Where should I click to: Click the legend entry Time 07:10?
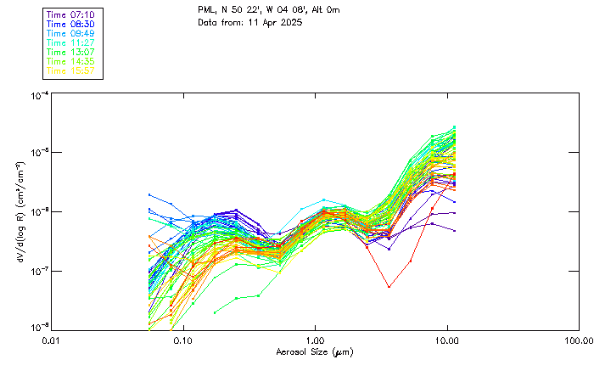[x=71, y=15]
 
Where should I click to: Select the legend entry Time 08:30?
[x=71, y=25]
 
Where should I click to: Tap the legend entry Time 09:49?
[x=71, y=34]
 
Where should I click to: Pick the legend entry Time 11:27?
[x=71, y=42]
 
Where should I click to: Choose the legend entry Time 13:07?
[x=71, y=52]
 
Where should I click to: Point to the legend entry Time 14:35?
[x=71, y=61]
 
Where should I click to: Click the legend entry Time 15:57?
[x=71, y=70]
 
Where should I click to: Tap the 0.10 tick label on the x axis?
[x=183, y=340]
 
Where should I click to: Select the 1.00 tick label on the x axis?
[x=315, y=340]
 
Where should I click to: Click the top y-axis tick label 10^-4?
[x=38, y=95]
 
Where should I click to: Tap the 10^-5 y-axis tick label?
[x=38, y=154]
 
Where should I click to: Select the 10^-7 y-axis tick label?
[x=38, y=271]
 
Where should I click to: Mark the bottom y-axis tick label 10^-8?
[x=38, y=327]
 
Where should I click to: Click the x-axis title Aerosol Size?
[x=314, y=351]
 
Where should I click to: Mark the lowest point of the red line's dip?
[x=389, y=287]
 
